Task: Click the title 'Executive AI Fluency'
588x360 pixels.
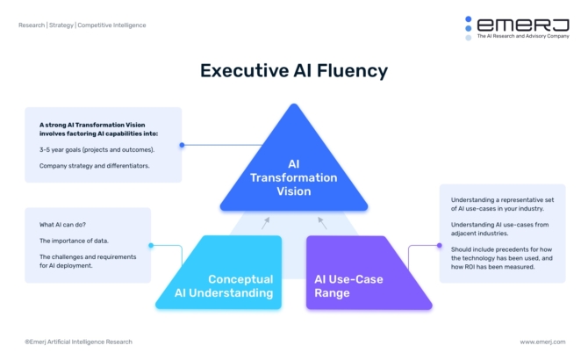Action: [x=293, y=70]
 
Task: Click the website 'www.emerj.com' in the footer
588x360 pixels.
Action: [x=542, y=342]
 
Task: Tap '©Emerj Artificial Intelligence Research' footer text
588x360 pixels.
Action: [x=78, y=342]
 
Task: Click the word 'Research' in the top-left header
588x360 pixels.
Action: [x=32, y=25]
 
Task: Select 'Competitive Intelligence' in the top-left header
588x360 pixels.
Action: [x=111, y=25]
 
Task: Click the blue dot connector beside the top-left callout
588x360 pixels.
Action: [x=182, y=145]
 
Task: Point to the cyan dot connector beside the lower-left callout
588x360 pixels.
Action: [x=151, y=246]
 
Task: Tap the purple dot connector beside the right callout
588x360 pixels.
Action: [x=436, y=247]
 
